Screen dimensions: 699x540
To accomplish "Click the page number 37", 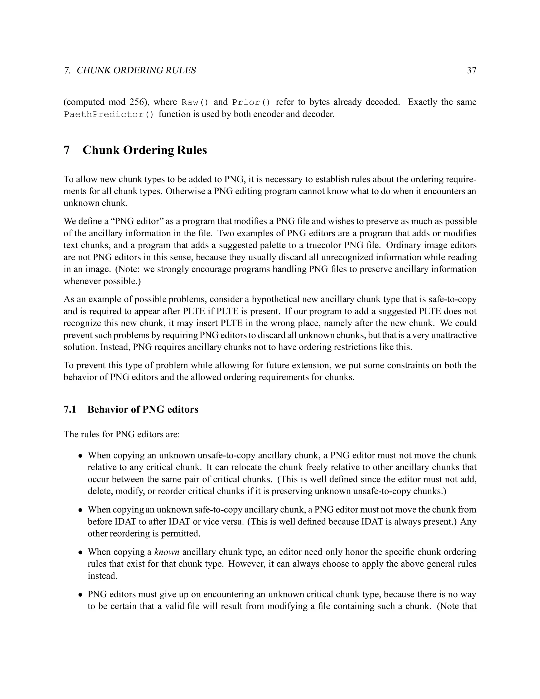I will tap(471, 70).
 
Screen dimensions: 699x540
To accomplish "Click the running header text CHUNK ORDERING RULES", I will tap(136, 70).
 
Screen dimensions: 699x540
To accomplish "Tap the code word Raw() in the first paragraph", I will tap(195, 102).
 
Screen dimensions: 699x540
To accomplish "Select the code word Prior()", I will tap(251, 102).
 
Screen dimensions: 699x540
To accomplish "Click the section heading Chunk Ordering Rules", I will tap(144, 150).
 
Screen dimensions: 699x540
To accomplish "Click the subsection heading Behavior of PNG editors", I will tap(143, 409).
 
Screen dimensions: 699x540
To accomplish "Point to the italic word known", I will tap(167, 552).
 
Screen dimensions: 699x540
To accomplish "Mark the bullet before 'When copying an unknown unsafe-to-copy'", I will tap(81, 456).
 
